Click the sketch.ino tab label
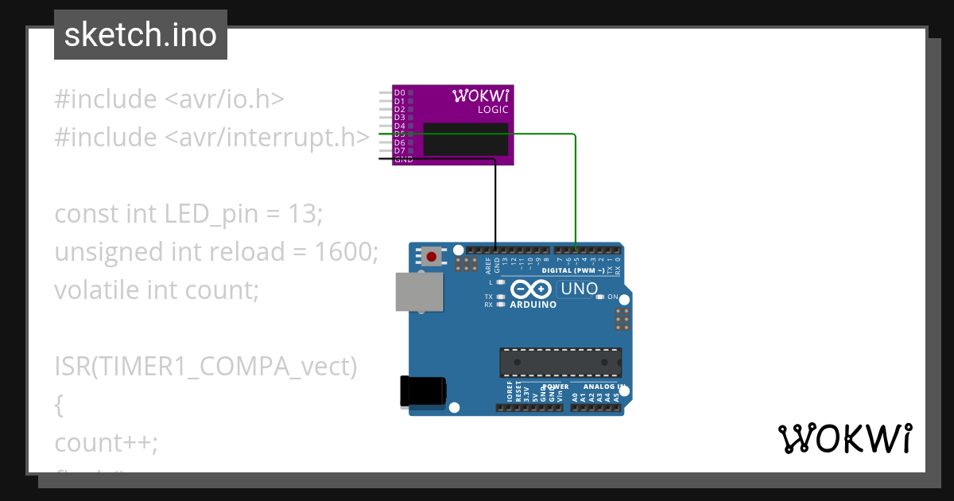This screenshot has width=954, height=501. click(141, 35)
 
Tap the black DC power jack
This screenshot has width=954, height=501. click(422, 391)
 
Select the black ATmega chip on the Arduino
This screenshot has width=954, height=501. click(560, 363)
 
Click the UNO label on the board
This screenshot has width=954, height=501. click(579, 289)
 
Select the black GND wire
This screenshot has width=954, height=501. click(495, 199)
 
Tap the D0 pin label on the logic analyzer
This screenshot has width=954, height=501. click(399, 93)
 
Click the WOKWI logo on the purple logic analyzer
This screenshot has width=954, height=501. click(480, 96)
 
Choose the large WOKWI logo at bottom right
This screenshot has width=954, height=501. click(844, 438)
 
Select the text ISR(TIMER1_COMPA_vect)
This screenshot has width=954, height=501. click(206, 367)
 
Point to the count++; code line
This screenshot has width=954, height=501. click(106, 442)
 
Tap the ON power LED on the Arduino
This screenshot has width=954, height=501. click(612, 297)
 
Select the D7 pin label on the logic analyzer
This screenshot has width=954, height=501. click(399, 150)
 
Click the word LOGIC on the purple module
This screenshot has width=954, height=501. click(492, 110)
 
